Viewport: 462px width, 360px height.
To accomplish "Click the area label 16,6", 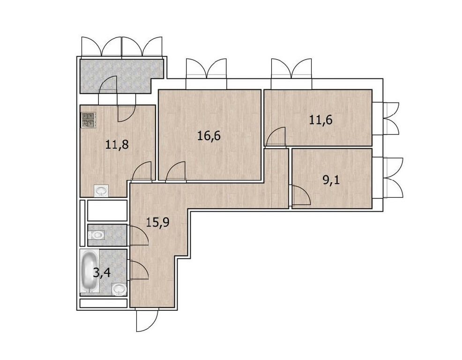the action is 209,136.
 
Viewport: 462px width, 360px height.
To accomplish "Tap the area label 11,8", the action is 117,145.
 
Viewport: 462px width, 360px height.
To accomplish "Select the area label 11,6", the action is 321,120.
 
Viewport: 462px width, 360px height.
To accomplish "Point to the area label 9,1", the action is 331,180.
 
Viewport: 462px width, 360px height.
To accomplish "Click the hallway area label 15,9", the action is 157,222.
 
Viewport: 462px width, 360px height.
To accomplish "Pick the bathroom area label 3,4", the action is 102,273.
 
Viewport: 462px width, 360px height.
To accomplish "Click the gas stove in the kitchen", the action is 88,120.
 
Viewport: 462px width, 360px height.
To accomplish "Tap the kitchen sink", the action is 101,191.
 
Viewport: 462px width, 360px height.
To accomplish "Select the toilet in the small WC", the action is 96,235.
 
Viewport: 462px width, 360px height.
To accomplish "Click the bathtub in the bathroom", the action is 89,271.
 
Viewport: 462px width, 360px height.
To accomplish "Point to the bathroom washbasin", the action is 119,289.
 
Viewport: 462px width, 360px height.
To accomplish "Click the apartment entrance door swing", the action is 147,321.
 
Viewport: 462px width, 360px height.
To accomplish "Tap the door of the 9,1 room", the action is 301,195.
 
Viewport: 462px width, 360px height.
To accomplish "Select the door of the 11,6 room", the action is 276,136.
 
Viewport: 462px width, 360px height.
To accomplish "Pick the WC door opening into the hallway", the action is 139,235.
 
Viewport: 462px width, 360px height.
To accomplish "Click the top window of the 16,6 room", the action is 206,74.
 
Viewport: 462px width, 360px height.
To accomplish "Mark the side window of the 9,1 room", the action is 387,178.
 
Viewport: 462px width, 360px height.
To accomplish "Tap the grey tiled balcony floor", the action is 121,76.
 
